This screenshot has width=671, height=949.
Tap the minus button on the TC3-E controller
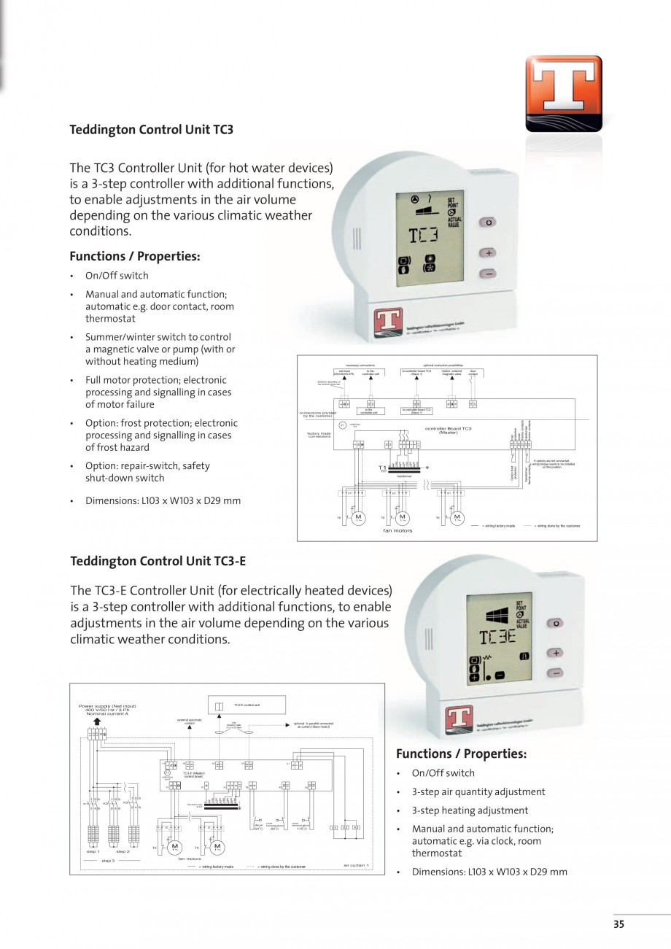point(556,673)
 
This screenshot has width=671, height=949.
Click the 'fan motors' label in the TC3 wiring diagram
point(397,530)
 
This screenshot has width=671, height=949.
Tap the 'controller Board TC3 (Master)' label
point(448,430)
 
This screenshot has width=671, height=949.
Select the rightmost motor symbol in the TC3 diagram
point(457,518)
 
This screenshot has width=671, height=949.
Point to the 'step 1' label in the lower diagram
point(93,851)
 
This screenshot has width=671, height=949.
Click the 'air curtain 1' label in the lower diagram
point(356,865)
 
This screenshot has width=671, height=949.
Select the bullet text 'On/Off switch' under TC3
point(117,276)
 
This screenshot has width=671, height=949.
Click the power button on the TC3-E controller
point(556,624)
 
